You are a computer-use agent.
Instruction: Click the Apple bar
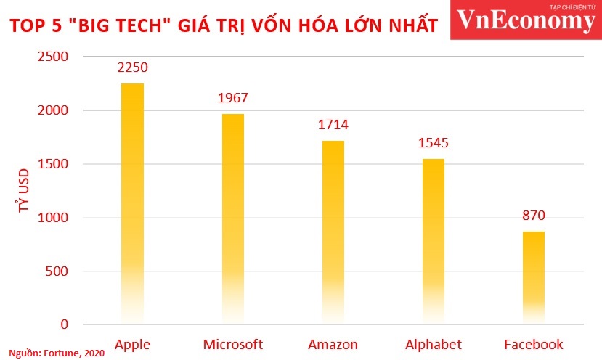[132, 203]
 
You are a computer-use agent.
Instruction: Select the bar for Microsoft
[233, 218]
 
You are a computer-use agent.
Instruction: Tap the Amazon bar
[333, 232]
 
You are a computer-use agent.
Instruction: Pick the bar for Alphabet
[434, 240]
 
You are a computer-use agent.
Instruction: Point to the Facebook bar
[534, 276]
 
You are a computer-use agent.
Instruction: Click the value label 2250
[132, 67]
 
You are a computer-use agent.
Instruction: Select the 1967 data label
[233, 98]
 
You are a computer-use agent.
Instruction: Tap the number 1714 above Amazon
[333, 125]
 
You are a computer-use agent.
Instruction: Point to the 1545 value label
[434, 143]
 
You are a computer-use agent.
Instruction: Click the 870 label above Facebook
[534, 216]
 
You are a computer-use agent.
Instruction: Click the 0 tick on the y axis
[64, 325]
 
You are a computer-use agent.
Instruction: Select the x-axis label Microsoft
[233, 343]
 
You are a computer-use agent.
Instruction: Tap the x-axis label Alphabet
[434, 343]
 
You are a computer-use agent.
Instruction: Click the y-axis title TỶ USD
[24, 190]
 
